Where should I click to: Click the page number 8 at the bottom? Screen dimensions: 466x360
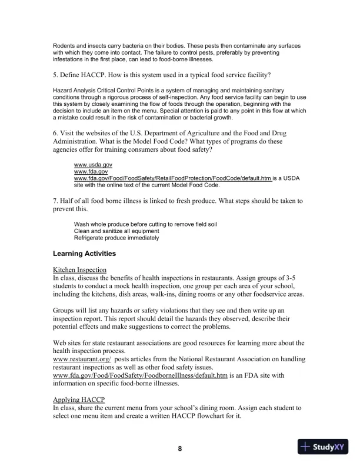(x=180, y=448)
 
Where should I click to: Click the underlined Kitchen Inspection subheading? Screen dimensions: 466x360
(x=79, y=269)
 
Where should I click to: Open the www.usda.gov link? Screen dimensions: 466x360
(x=93, y=165)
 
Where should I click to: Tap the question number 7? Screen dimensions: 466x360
(x=55, y=201)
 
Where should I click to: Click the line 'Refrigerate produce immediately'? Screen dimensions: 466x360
(x=116, y=238)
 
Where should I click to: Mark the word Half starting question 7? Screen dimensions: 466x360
(x=70, y=201)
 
